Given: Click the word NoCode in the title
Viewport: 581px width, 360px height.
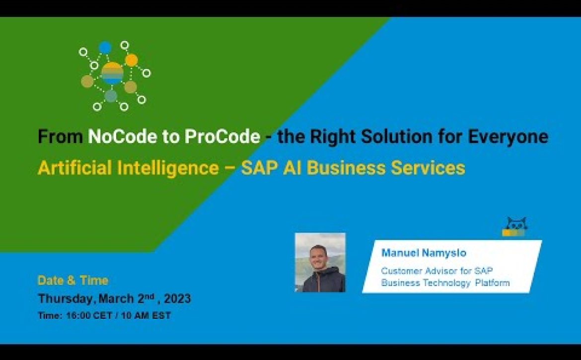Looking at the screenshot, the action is click(x=123, y=136).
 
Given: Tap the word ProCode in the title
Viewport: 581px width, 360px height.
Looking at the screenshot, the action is click(x=222, y=136).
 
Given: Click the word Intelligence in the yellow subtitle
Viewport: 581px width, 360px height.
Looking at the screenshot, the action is click(x=168, y=168).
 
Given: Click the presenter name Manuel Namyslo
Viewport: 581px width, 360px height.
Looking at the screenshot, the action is click(x=424, y=253).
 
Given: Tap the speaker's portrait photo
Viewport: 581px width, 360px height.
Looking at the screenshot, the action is click(x=320, y=262).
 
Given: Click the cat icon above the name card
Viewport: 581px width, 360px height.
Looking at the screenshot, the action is click(x=515, y=226).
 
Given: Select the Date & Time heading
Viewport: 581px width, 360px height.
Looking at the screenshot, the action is click(x=73, y=281).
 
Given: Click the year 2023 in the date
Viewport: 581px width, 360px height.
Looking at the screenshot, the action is click(x=177, y=298).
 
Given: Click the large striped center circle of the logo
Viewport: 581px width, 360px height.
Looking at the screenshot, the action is click(x=112, y=73).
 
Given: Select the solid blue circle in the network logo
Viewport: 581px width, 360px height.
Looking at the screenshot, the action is click(x=105, y=47).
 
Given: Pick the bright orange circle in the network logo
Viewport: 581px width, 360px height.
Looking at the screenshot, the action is click(x=131, y=60).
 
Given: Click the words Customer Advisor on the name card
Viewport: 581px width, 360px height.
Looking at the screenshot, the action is click(x=420, y=271).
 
